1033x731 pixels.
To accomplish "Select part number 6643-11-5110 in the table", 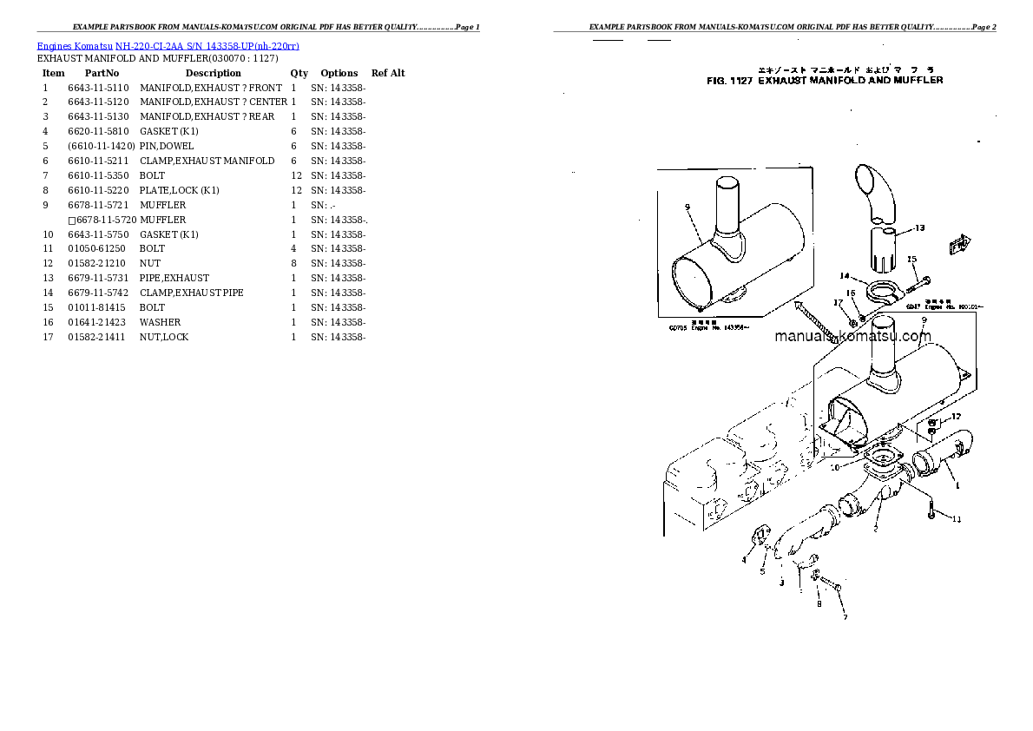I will [97, 88].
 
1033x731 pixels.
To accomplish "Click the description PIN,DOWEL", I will [167, 146].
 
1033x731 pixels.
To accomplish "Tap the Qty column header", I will [299, 73].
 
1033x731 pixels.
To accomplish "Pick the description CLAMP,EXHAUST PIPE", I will [191, 293].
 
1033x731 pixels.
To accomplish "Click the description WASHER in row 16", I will [160, 322].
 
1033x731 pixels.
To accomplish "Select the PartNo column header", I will [102, 73].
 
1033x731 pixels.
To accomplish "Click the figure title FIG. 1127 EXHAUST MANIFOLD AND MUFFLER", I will [825, 81].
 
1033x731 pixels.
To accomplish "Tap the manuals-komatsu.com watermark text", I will [852, 337].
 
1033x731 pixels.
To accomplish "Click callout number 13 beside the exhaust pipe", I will [919, 228].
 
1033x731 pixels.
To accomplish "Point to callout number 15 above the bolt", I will [911, 260].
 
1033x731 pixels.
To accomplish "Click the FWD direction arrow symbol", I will [960, 245].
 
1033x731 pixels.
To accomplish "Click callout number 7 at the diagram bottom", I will [839, 617].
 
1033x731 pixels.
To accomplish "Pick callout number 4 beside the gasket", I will [743, 560].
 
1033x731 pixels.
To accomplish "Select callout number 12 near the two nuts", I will [955, 418].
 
